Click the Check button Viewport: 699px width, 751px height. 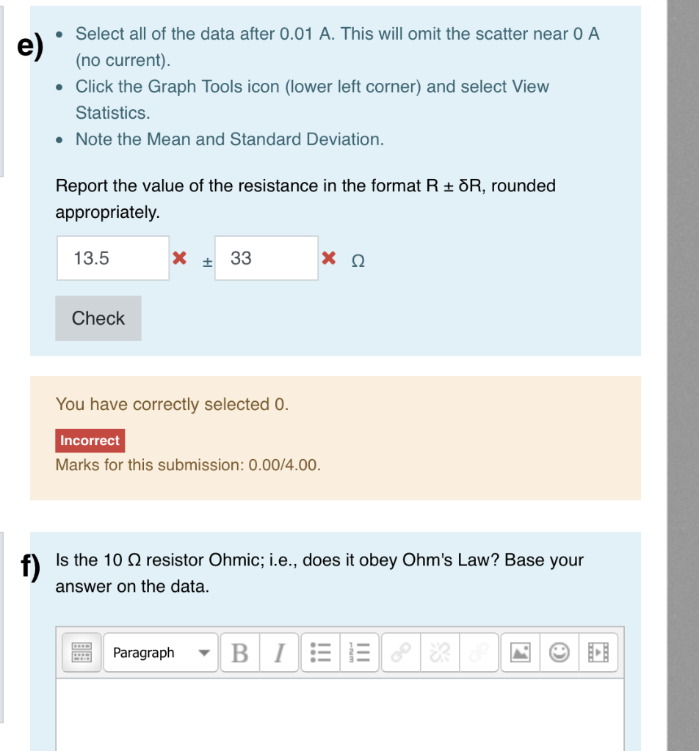coord(98,318)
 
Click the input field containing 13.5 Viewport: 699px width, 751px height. coord(113,258)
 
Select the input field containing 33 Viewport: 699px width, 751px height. coord(267,258)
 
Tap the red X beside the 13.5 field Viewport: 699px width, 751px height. coord(178,258)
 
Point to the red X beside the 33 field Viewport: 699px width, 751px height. coord(329,258)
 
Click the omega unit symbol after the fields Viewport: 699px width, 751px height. coord(358,260)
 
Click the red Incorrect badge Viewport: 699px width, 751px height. coord(90,441)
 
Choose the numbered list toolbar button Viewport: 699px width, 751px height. coord(361,653)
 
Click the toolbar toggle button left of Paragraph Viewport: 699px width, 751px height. coord(82,653)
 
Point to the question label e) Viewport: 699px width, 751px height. coord(31,45)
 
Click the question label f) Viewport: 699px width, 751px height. coord(29,566)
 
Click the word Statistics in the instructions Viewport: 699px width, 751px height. coord(113,113)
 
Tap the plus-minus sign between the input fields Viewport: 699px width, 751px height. coord(208,260)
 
